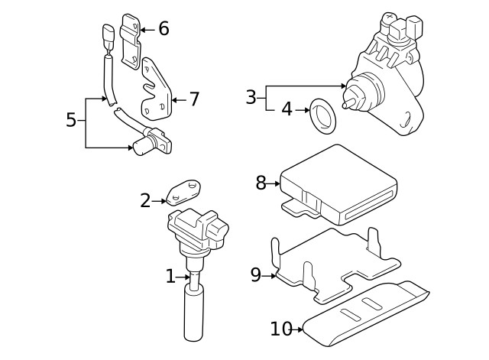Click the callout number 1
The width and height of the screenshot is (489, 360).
click(170, 277)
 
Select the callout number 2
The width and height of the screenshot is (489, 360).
click(146, 201)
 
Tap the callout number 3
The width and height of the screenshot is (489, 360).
click(251, 97)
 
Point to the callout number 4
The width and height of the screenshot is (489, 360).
click(287, 109)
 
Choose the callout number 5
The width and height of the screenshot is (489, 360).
click(71, 120)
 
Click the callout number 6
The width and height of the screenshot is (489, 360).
click(164, 29)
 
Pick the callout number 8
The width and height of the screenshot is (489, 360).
click(261, 183)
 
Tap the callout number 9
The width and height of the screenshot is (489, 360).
click(256, 275)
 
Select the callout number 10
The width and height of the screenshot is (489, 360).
click(280, 329)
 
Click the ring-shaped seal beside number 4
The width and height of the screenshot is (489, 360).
click(320, 116)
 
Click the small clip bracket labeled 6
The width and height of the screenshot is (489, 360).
click(132, 37)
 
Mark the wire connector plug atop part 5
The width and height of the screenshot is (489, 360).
click(108, 35)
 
